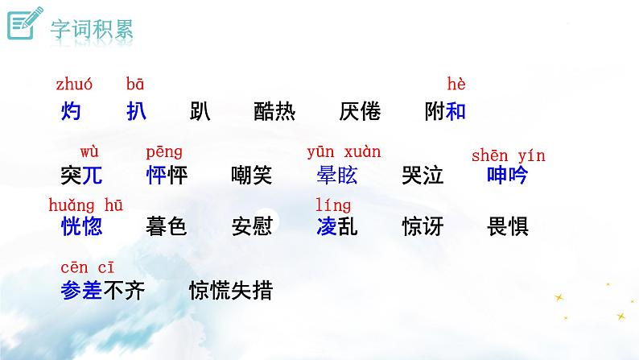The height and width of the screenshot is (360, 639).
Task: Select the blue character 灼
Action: (x=71, y=111)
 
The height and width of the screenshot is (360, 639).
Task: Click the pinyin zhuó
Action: (x=74, y=84)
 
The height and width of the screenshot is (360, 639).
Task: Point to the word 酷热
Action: (x=274, y=111)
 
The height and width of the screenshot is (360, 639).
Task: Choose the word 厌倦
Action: (x=360, y=111)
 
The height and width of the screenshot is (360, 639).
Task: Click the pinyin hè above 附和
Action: (x=456, y=84)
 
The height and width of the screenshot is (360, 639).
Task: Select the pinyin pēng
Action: (x=164, y=151)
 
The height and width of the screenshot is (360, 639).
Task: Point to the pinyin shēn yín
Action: (x=508, y=155)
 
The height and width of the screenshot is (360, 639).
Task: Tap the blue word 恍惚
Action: (x=81, y=226)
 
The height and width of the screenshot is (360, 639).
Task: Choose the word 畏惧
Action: (x=508, y=226)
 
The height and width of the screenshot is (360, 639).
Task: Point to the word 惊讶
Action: (x=423, y=226)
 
